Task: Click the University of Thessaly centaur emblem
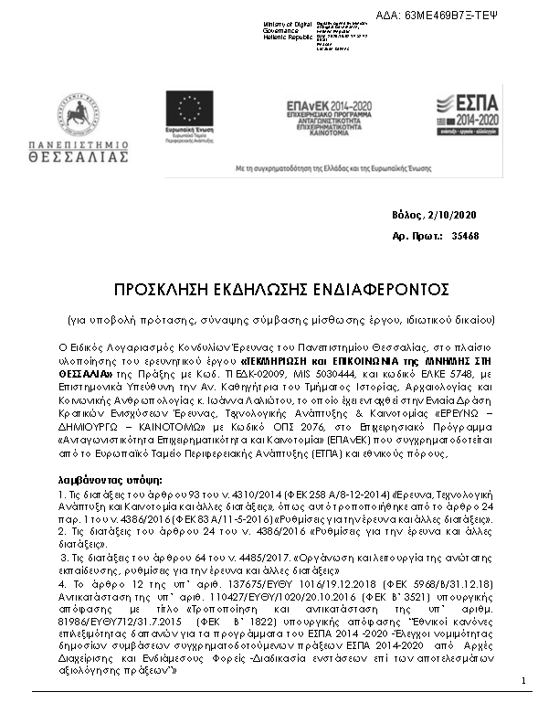[79, 116]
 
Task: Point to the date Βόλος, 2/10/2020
[434, 215]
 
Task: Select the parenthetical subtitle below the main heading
[281, 320]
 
